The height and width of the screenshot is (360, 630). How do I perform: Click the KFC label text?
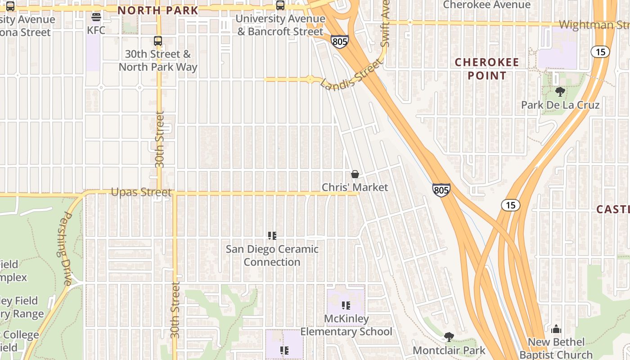point(96,31)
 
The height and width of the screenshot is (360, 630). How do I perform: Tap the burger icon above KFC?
point(96,18)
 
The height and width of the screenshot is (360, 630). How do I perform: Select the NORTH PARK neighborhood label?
point(157,10)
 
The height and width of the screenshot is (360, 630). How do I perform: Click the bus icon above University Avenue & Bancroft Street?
point(280,5)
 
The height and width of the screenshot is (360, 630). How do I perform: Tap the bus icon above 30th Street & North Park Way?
point(158,41)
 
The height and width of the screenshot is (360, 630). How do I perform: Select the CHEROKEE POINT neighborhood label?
point(487,69)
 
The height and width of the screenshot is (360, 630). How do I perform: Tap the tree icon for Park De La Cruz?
point(560,92)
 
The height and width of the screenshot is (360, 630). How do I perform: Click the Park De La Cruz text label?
point(560,105)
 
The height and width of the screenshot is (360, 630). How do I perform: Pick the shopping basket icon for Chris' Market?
point(355,174)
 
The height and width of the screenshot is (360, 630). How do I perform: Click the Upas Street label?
point(141,193)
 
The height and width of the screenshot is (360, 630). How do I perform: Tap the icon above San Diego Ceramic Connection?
point(272,235)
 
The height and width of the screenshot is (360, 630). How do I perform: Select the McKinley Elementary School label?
point(346,325)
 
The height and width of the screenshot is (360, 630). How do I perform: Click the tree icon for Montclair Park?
point(449,337)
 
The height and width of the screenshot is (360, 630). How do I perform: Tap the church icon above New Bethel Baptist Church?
point(556,329)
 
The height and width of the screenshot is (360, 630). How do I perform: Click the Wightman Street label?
point(594,25)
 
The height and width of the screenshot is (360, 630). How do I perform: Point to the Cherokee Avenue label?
point(487,5)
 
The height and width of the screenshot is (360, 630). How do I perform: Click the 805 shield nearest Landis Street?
point(340,42)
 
